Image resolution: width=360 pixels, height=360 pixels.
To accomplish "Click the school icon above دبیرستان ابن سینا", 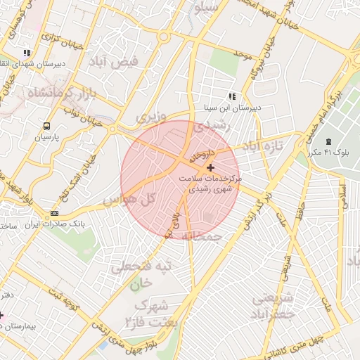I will pyautogui.click(x=231, y=97).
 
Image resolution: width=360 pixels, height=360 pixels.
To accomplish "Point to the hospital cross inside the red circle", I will pyautogui.click(x=210, y=167).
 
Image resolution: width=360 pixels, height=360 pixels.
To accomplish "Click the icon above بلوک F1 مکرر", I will pyautogui.click(x=329, y=140).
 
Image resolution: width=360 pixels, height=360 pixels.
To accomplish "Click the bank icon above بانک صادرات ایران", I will pyautogui.click(x=54, y=214).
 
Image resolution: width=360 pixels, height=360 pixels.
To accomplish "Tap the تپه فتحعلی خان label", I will pyautogui.click(x=142, y=275).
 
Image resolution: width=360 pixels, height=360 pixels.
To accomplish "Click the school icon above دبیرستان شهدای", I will pyautogui.click(x=27, y=52).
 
